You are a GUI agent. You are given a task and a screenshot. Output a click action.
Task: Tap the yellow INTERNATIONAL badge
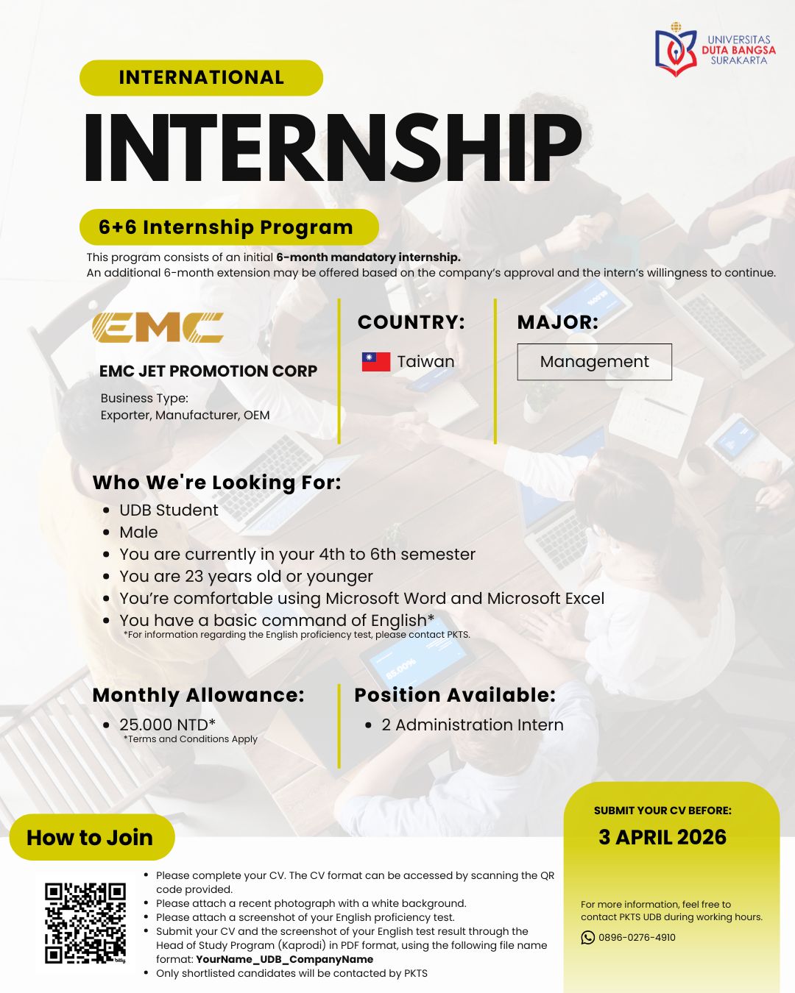pyautogui.click(x=201, y=77)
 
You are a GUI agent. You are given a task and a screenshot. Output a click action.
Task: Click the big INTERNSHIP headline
pyautogui.click(x=332, y=148)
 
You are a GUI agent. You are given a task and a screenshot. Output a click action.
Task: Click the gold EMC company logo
pyautogui.click(x=158, y=327)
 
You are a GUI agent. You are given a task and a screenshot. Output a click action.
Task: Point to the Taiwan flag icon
pyautogui.click(x=376, y=362)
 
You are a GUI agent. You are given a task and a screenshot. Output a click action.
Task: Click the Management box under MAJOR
pyautogui.click(x=594, y=362)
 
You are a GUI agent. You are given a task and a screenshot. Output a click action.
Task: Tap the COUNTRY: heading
pyautogui.click(x=411, y=322)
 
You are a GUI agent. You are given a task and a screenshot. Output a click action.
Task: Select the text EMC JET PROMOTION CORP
pyautogui.click(x=208, y=371)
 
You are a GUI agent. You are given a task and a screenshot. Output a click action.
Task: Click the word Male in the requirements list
pyautogui.click(x=138, y=532)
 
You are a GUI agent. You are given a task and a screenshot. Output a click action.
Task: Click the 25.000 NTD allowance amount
pyautogui.click(x=167, y=725)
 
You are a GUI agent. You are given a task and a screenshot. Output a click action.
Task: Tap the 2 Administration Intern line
pyautogui.click(x=472, y=725)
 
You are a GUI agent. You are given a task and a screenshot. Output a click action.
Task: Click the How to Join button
pyautogui.click(x=91, y=837)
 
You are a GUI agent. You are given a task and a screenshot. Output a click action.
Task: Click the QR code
pyautogui.click(x=85, y=923)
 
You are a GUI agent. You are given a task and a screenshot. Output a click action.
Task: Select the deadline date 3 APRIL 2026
pyautogui.click(x=662, y=837)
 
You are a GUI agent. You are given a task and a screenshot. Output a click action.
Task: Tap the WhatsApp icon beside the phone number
pyautogui.click(x=587, y=937)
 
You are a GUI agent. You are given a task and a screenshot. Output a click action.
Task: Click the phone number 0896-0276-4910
pyautogui.click(x=637, y=937)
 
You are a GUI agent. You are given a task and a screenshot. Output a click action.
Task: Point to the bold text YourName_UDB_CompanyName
pyautogui.click(x=285, y=959)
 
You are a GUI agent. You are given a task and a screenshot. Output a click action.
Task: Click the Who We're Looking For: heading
pyautogui.click(x=216, y=483)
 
